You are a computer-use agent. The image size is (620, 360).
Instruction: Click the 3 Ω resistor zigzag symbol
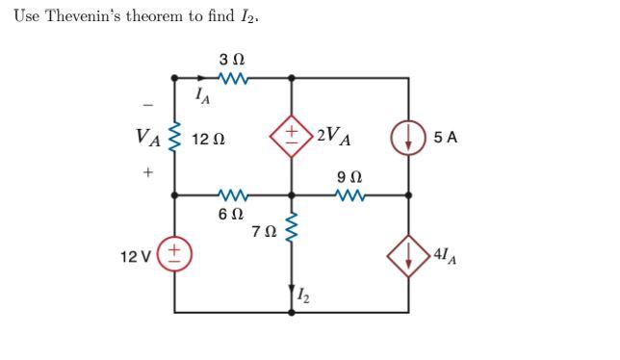click(x=235, y=78)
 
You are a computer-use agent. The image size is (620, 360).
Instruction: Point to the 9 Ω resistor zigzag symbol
click(x=349, y=194)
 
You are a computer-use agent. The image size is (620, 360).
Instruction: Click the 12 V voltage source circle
click(x=174, y=253)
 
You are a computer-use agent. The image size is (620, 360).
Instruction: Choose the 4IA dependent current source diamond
click(x=409, y=254)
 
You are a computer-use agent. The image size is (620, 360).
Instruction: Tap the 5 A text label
click(x=445, y=137)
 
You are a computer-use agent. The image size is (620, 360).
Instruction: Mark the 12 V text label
click(x=136, y=256)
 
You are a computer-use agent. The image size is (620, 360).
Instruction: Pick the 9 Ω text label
click(x=349, y=177)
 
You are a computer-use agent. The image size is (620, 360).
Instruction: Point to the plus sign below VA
click(x=148, y=173)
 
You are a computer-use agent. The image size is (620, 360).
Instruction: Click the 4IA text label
click(x=447, y=255)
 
